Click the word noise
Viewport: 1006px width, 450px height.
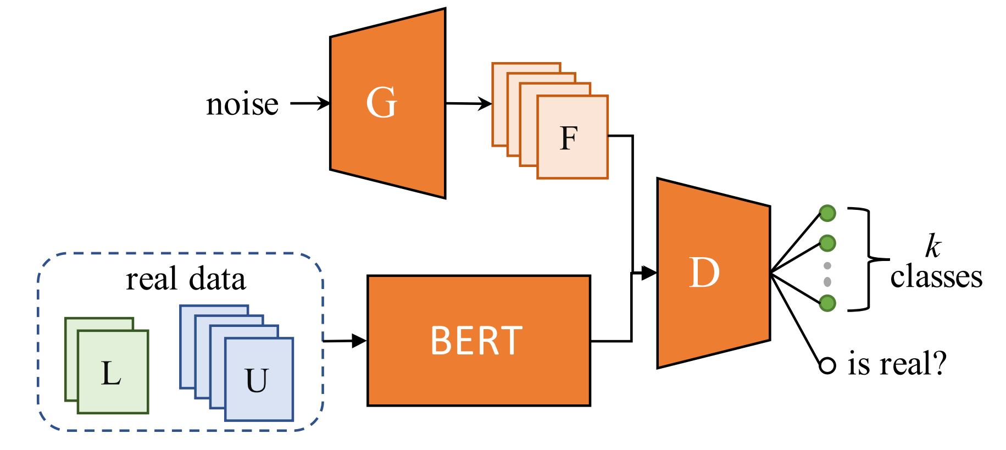[x=242, y=104]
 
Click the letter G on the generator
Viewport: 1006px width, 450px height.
[x=381, y=103]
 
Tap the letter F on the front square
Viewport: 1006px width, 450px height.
[x=569, y=138]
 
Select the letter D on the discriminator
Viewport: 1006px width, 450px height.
[x=704, y=273]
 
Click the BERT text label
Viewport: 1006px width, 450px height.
[x=476, y=341]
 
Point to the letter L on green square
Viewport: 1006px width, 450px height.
[x=111, y=374]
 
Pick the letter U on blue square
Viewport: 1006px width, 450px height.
[x=257, y=380]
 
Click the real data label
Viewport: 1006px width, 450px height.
[x=186, y=279]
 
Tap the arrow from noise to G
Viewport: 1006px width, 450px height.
[x=310, y=103]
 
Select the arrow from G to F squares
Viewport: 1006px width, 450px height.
[x=469, y=103]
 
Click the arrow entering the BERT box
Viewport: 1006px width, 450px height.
[x=345, y=341]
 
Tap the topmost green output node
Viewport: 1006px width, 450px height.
[x=827, y=213]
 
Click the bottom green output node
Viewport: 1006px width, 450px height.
[x=827, y=303]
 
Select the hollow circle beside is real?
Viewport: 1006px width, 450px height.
[x=827, y=365]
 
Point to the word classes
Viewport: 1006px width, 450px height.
[x=936, y=277]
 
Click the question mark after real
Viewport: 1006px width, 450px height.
[x=938, y=364]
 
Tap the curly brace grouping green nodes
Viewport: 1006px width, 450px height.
[x=869, y=259]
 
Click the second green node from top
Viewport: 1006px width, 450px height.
[x=827, y=242]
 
